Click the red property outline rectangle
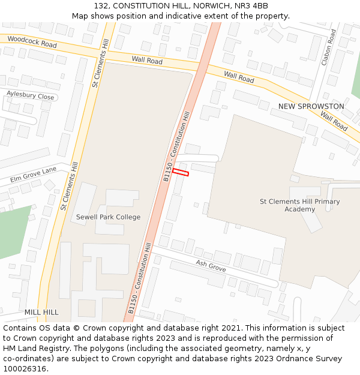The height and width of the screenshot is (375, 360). click(x=181, y=172)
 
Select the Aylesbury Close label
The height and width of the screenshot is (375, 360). click(x=30, y=96)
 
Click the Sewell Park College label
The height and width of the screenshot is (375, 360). click(x=108, y=217)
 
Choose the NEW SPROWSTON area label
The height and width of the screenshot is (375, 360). click(x=311, y=106)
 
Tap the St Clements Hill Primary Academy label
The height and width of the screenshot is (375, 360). click(x=299, y=205)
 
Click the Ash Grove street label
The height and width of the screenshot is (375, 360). click(x=211, y=266)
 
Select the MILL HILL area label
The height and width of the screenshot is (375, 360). click(x=41, y=313)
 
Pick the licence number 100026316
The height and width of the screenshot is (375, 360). click(x=24, y=368)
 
